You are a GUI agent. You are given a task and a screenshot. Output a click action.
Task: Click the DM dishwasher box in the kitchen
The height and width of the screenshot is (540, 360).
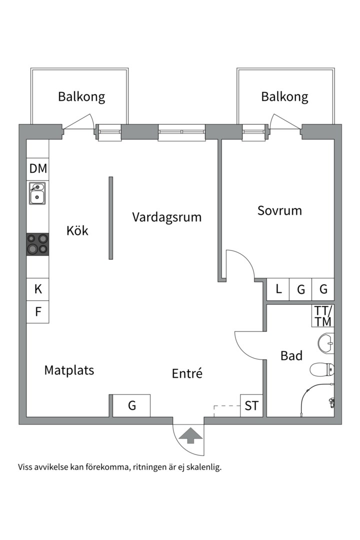(x=38, y=169)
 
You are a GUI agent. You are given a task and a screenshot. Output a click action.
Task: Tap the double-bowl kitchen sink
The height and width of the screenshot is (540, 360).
(x=37, y=193)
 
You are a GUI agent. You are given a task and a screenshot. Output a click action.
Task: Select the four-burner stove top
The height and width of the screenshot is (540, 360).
(x=38, y=244)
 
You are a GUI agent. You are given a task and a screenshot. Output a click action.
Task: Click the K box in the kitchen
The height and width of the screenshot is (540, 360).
(x=38, y=289)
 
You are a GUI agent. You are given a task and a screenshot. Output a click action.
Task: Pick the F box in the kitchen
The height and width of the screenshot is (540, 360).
(x=38, y=312)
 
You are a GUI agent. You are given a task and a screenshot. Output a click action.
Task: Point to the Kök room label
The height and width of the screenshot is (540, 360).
(x=77, y=230)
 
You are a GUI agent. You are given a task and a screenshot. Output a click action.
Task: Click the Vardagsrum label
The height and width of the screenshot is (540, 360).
(x=167, y=217)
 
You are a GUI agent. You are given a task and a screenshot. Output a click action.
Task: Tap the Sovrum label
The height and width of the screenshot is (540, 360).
(x=279, y=210)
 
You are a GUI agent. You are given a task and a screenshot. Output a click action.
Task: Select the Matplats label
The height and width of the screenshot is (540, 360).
(x=69, y=370)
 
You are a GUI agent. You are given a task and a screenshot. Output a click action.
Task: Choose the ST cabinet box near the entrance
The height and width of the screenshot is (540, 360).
(x=251, y=406)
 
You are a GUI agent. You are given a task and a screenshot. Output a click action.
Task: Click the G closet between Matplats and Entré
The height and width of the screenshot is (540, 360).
(x=131, y=405)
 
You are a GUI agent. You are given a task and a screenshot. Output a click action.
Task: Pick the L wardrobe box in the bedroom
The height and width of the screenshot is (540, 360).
(x=278, y=289)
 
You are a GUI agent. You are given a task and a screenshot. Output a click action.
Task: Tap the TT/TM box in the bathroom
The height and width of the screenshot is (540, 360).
(x=323, y=315)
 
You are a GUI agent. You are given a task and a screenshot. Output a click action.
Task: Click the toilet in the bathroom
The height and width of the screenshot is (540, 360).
(x=321, y=370)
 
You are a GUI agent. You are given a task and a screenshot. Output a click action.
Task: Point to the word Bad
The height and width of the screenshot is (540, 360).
(x=291, y=355)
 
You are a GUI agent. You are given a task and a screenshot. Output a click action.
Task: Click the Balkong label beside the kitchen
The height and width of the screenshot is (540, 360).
(x=81, y=96)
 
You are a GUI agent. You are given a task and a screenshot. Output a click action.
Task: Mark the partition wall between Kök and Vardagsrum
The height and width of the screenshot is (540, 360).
(x=111, y=217)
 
